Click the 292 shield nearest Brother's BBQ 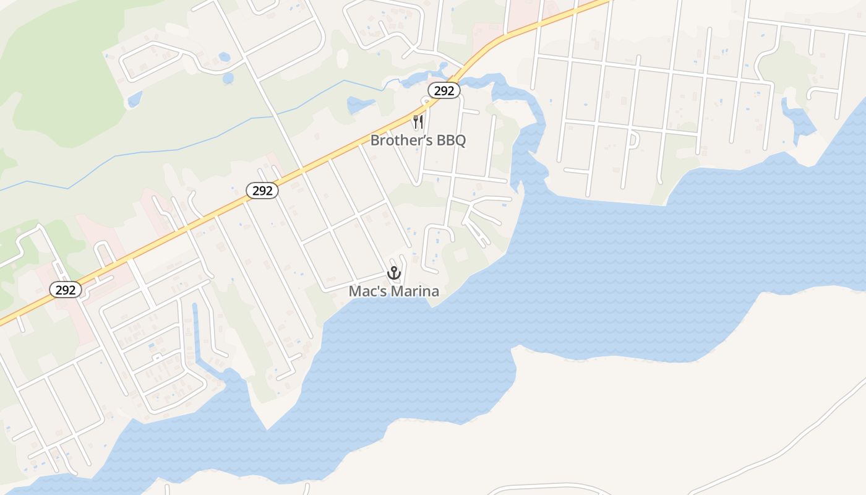click(x=444, y=90)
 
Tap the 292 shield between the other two click(x=262, y=191)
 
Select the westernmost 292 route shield click(x=66, y=290)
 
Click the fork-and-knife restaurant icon click(x=418, y=121)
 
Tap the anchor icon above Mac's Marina click(x=394, y=273)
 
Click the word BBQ click(x=451, y=140)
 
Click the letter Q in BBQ click(x=460, y=140)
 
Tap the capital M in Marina click(x=392, y=291)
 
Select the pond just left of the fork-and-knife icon click(x=360, y=104)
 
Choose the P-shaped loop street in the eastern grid click(x=632, y=141)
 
